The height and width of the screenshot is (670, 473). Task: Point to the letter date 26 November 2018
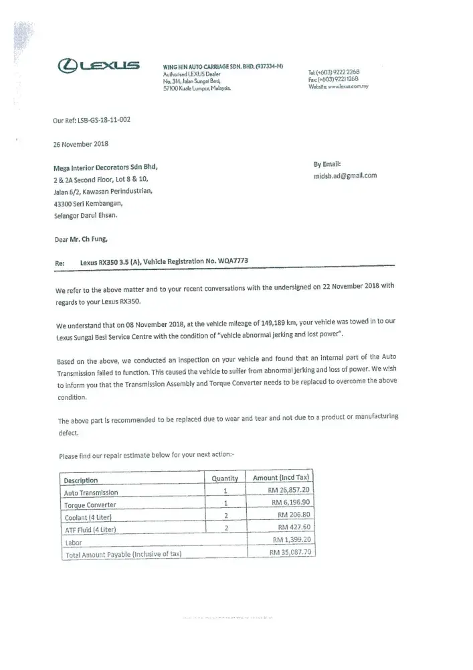pyautogui.click(x=80, y=143)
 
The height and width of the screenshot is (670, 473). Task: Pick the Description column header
pyautogui.click(x=81, y=480)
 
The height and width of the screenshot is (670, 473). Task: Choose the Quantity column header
pyautogui.click(x=225, y=478)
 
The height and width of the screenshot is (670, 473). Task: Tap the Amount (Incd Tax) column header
pyautogui.click(x=280, y=478)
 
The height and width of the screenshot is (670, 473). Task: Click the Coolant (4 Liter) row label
pyautogui.click(x=88, y=517)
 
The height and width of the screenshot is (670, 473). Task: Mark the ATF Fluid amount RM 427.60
pyautogui.click(x=296, y=527)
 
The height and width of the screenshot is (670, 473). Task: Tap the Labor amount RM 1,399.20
pyautogui.click(x=293, y=539)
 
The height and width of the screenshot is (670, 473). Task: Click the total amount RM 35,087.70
pyautogui.click(x=291, y=552)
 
